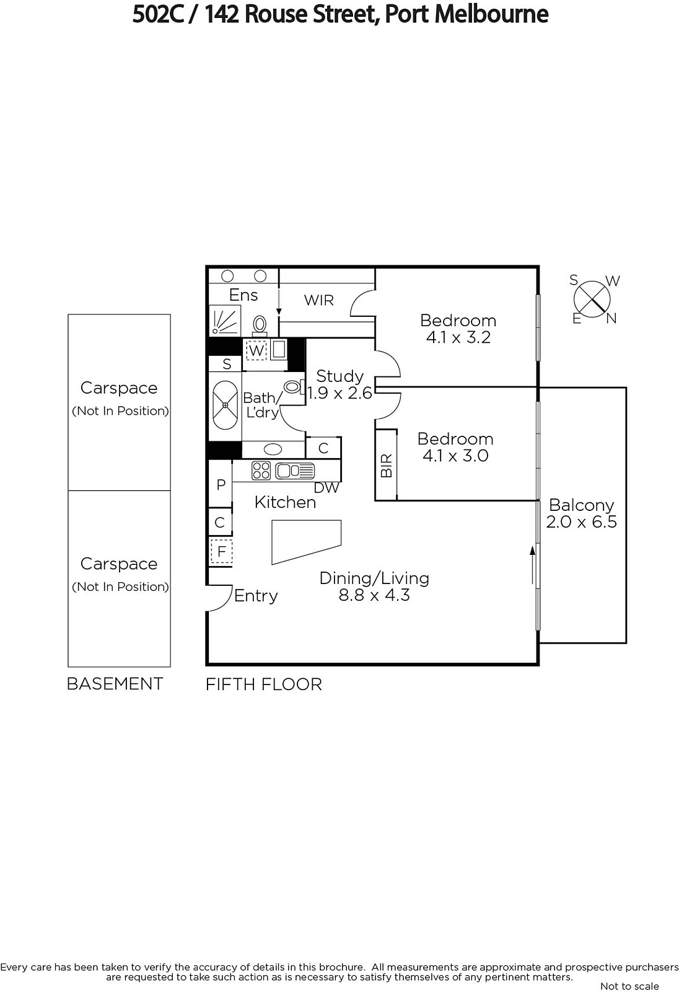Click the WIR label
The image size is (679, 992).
click(318, 300)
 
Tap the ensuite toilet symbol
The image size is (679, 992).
click(260, 325)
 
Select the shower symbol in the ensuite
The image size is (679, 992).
click(225, 321)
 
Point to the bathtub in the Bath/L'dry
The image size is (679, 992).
click(225, 405)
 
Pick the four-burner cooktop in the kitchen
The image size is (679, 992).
click(261, 471)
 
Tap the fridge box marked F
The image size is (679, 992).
click(221, 551)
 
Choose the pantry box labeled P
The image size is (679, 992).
click(221, 484)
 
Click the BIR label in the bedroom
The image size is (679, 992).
click(387, 465)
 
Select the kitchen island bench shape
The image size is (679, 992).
click(306, 542)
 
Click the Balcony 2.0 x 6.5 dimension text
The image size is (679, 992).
click(581, 521)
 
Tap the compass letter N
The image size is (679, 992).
click(611, 318)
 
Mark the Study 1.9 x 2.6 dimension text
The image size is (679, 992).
click(339, 393)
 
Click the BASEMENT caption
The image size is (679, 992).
click(115, 684)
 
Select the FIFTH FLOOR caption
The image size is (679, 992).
click(264, 684)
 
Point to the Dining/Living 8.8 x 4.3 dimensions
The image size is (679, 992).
click(374, 595)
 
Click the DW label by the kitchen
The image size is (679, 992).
click(326, 487)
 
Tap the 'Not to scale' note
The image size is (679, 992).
click(629, 986)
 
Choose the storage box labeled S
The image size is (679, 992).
click(227, 363)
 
